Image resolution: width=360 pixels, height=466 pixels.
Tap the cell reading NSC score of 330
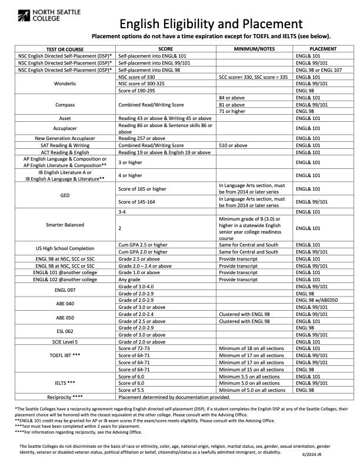(x=136, y=77)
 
